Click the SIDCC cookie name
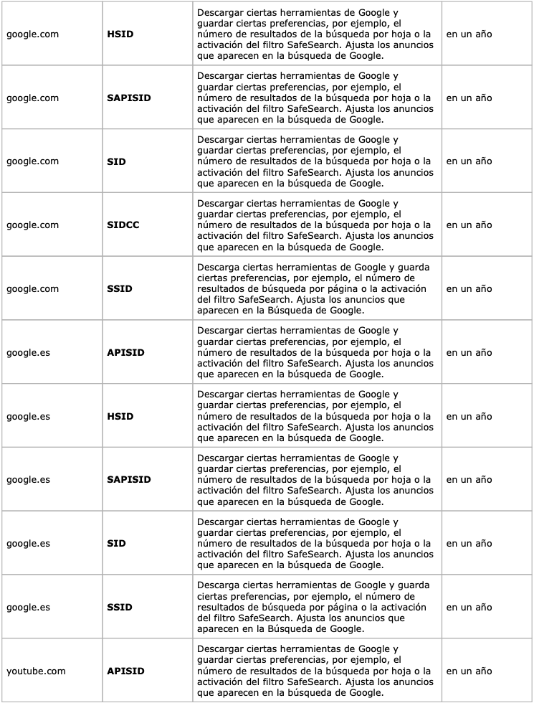tap(123, 225)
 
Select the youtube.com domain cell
tap(36, 671)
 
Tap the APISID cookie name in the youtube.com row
tap(125, 671)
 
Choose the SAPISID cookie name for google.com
tap(128, 98)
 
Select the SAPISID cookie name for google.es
tap(128, 480)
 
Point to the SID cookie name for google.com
tap(116, 161)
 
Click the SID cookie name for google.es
tap(116, 544)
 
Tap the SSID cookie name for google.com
tap(119, 289)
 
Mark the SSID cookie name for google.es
tap(119, 608)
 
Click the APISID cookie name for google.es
tap(125, 353)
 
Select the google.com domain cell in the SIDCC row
tap(32, 225)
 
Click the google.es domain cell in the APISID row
tap(28, 353)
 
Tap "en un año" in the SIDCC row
tap(469, 225)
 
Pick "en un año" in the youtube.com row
tap(469, 671)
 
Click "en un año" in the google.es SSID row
tap(469, 608)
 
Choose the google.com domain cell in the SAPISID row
tap(32, 98)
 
